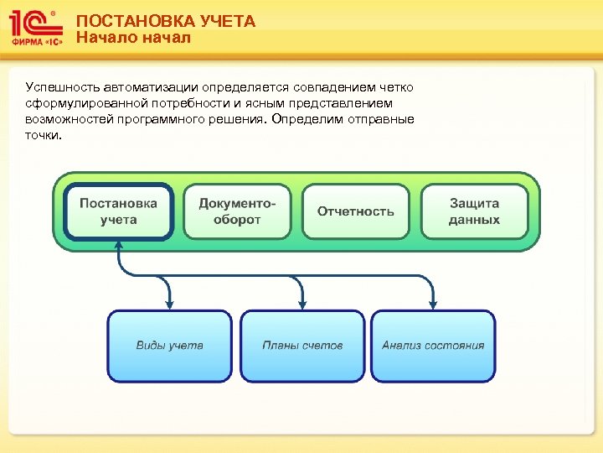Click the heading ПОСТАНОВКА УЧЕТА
(165, 22)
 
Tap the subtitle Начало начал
(133, 38)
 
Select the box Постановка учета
(118, 211)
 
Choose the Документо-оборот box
(237, 211)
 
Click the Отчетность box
(355, 211)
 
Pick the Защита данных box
(474, 211)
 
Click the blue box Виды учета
(169, 346)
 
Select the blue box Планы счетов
(301, 346)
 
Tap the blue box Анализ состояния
(433, 346)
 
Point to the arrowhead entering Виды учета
(169, 305)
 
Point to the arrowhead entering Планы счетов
(301, 305)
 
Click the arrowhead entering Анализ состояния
(433, 305)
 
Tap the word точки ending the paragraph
(43, 135)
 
